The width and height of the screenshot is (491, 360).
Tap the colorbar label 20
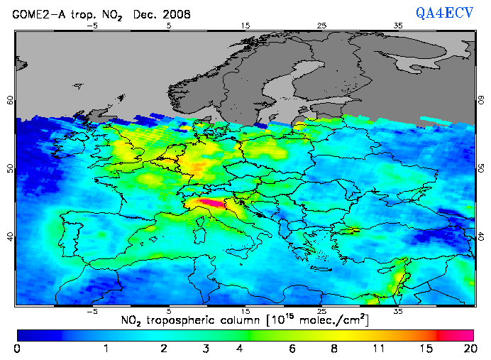point(468,349)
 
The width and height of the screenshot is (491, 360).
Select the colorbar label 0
point(17,349)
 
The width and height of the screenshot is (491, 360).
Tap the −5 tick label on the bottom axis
point(91,311)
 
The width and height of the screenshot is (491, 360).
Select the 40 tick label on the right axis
point(480,236)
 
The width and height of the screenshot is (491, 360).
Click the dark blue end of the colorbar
point(35,334)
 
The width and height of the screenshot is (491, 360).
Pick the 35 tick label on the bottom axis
point(398,311)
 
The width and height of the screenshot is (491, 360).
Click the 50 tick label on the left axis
point(10,168)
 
